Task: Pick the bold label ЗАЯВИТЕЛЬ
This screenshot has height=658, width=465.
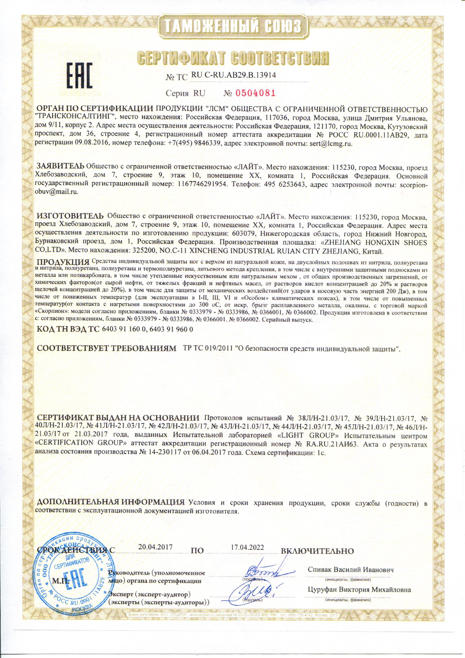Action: pyautogui.click(x=61, y=166)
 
